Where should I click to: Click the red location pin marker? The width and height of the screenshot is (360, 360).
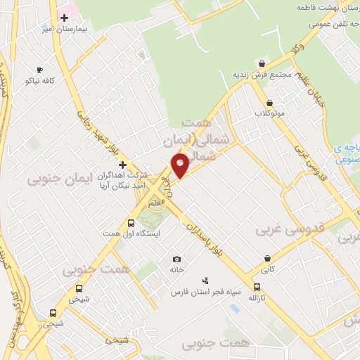[180, 167]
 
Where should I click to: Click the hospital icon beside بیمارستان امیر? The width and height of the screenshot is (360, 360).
[65, 17]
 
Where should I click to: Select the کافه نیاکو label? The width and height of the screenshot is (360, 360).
[41, 81]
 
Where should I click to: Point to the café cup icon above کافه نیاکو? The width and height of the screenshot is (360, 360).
[39, 70]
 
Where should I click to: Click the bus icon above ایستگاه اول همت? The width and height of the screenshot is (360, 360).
[131, 224]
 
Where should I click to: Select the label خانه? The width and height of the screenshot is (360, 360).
[176, 269]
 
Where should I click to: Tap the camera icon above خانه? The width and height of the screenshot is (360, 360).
[176, 259]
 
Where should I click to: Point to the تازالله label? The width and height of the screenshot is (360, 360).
[258, 298]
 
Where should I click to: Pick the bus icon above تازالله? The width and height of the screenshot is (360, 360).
[257, 288]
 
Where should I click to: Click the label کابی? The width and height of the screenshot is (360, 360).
[268, 269]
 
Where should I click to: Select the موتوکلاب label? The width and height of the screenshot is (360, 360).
[271, 113]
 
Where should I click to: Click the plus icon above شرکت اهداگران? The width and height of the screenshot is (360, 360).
[122, 164]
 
